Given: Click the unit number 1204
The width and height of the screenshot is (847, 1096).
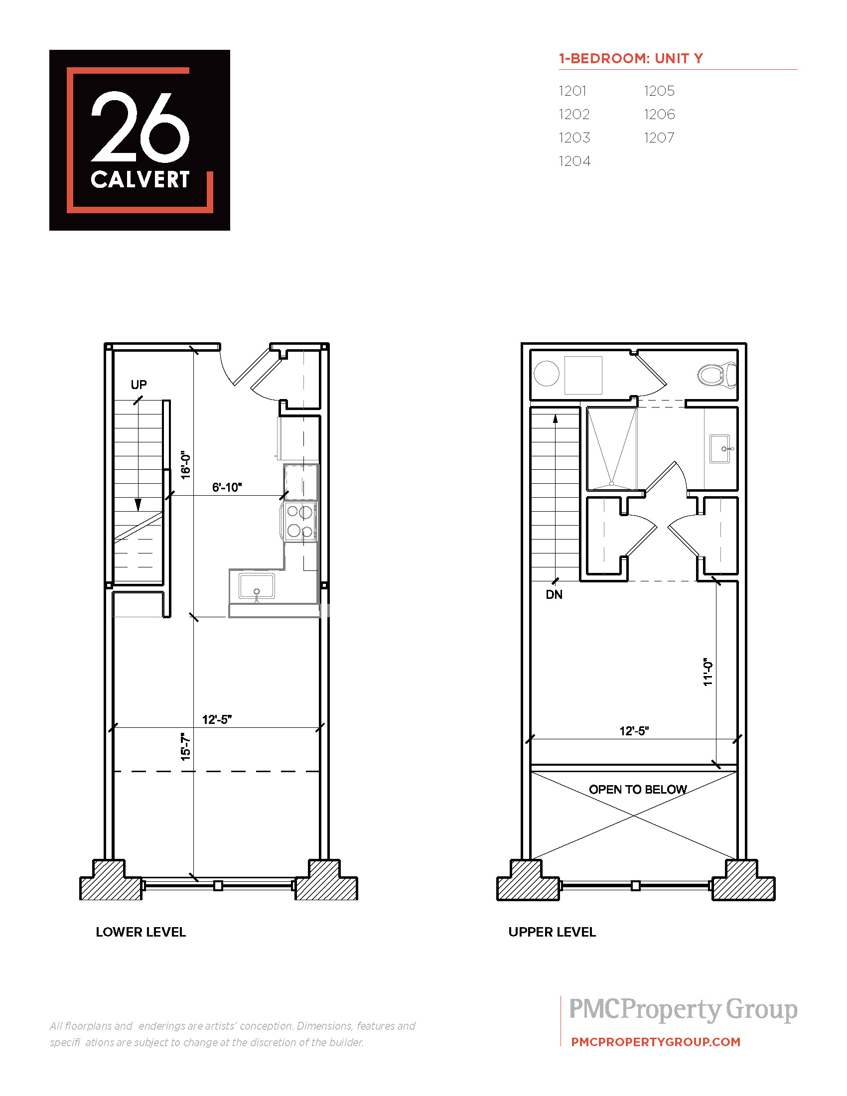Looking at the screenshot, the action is click(x=574, y=161).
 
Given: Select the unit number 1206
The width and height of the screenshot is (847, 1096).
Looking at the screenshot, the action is click(x=659, y=115).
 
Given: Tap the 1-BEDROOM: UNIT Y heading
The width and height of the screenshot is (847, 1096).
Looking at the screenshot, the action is click(x=631, y=58).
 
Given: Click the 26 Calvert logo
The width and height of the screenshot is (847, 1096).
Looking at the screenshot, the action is click(x=140, y=140).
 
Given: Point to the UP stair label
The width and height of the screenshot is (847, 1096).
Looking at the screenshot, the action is click(x=139, y=385).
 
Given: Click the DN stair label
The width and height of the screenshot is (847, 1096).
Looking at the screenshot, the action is click(x=554, y=595).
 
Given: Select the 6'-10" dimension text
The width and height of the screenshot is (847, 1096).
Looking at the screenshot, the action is click(x=227, y=487).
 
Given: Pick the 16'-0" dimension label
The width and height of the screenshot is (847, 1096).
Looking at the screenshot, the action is click(x=186, y=465).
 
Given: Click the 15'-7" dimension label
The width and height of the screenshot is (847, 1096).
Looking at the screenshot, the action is click(x=186, y=747).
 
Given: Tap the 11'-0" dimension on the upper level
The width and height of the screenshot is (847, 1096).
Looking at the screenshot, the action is click(x=707, y=672).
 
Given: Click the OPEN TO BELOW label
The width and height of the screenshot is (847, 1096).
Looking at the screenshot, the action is click(x=638, y=790).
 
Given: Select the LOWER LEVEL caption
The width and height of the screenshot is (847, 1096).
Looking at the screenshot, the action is click(x=141, y=932).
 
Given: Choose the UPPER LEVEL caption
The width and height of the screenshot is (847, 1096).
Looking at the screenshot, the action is click(x=552, y=932).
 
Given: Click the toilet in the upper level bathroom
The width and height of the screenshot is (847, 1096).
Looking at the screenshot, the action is click(x=717, y=374).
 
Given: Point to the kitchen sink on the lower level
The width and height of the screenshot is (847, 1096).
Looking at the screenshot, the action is click(x=257, y=586).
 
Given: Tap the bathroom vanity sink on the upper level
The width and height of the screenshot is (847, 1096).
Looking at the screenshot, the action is click(x=721, y=449).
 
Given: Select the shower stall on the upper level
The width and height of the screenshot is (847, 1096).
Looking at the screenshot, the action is click(x=612, y=449).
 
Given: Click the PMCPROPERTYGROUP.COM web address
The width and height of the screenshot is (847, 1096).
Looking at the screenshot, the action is click(x=656, y=1042).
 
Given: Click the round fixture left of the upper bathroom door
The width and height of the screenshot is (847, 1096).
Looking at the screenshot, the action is click(x=547, y=374).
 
